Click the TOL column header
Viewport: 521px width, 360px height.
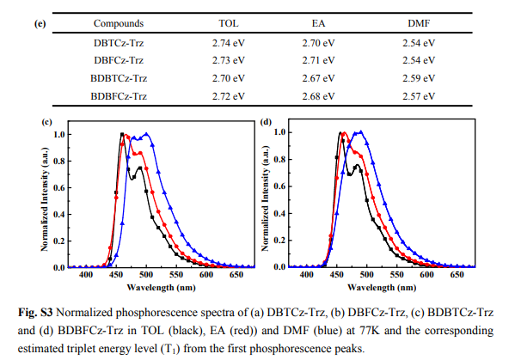[228, 23]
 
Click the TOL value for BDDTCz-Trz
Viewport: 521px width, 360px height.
[228, 79]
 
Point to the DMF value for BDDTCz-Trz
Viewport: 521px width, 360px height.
[418, 79]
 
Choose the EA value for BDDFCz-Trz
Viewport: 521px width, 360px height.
[322, 96]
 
